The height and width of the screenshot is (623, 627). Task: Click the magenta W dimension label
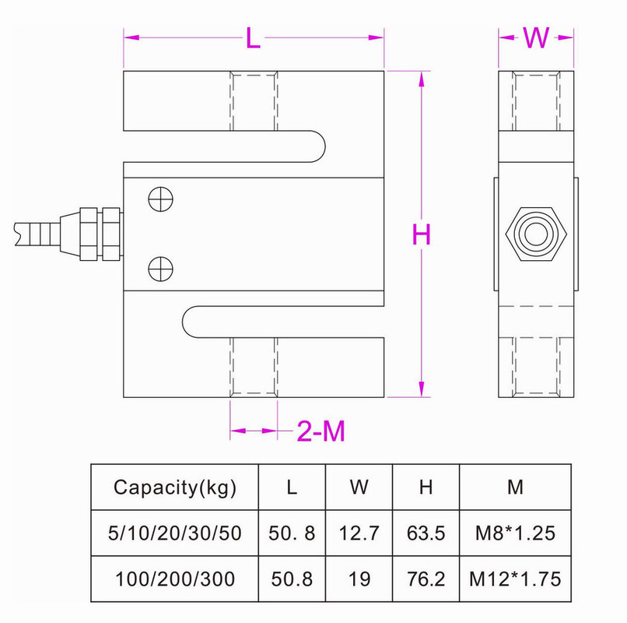point(536,37)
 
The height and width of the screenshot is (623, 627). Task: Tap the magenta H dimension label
point(421,234)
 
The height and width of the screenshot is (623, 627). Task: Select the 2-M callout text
point(321,431)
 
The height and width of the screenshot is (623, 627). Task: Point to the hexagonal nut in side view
point(536,234)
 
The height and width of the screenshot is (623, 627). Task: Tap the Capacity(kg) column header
point(174,488)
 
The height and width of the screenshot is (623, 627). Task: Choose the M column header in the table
point(515,488)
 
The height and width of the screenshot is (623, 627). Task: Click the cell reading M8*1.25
point(515,533)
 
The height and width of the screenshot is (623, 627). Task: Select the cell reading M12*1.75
point(515,579)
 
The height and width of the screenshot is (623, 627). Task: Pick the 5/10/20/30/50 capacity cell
point(174,533)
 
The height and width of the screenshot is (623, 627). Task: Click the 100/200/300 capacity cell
point(174,579)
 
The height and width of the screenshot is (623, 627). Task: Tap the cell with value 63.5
point(426,533)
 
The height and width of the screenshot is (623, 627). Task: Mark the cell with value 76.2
point(426,579)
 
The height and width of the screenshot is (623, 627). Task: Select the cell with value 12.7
point(359,533)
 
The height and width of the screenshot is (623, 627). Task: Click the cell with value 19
point(359,579)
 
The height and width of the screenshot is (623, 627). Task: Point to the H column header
point(426,488)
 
